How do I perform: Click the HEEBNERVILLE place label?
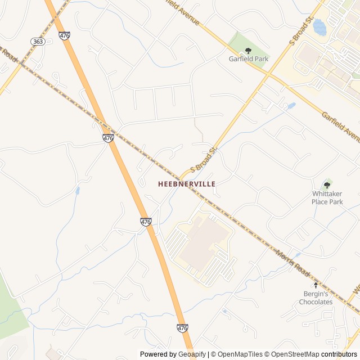(187, 184)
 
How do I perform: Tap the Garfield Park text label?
(248, 59)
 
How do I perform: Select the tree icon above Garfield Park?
(248, 51)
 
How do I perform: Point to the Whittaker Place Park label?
(327, 197)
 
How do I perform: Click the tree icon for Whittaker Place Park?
(327, 185)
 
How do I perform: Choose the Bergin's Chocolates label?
(316, 298)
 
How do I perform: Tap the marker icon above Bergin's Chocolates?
(316, 286)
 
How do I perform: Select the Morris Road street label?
(292, 263)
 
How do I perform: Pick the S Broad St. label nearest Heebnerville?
(204, 160)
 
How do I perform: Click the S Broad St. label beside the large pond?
(301, 31)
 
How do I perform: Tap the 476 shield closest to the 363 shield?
(64, 35)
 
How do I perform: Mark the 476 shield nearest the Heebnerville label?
(146, 222)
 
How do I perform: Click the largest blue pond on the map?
(319, 27)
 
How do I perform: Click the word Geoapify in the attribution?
(192, 354)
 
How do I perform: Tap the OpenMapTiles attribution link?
(237, 354)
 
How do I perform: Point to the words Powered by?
(158, 354)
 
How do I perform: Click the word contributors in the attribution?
(340, 354)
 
